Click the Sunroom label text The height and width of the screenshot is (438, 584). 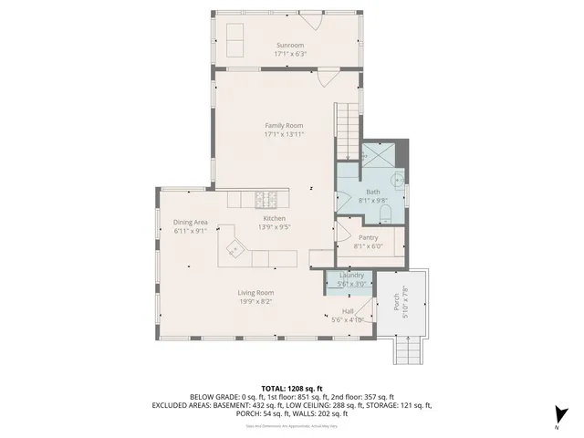290,45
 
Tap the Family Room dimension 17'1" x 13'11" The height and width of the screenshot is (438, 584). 284,134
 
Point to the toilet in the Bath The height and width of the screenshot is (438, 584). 385,214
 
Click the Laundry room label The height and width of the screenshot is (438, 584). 351,275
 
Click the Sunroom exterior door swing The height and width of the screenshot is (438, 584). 313,24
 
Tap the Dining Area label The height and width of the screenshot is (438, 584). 192,222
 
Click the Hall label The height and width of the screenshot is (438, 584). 348,311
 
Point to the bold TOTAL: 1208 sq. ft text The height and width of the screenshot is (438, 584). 291,388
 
